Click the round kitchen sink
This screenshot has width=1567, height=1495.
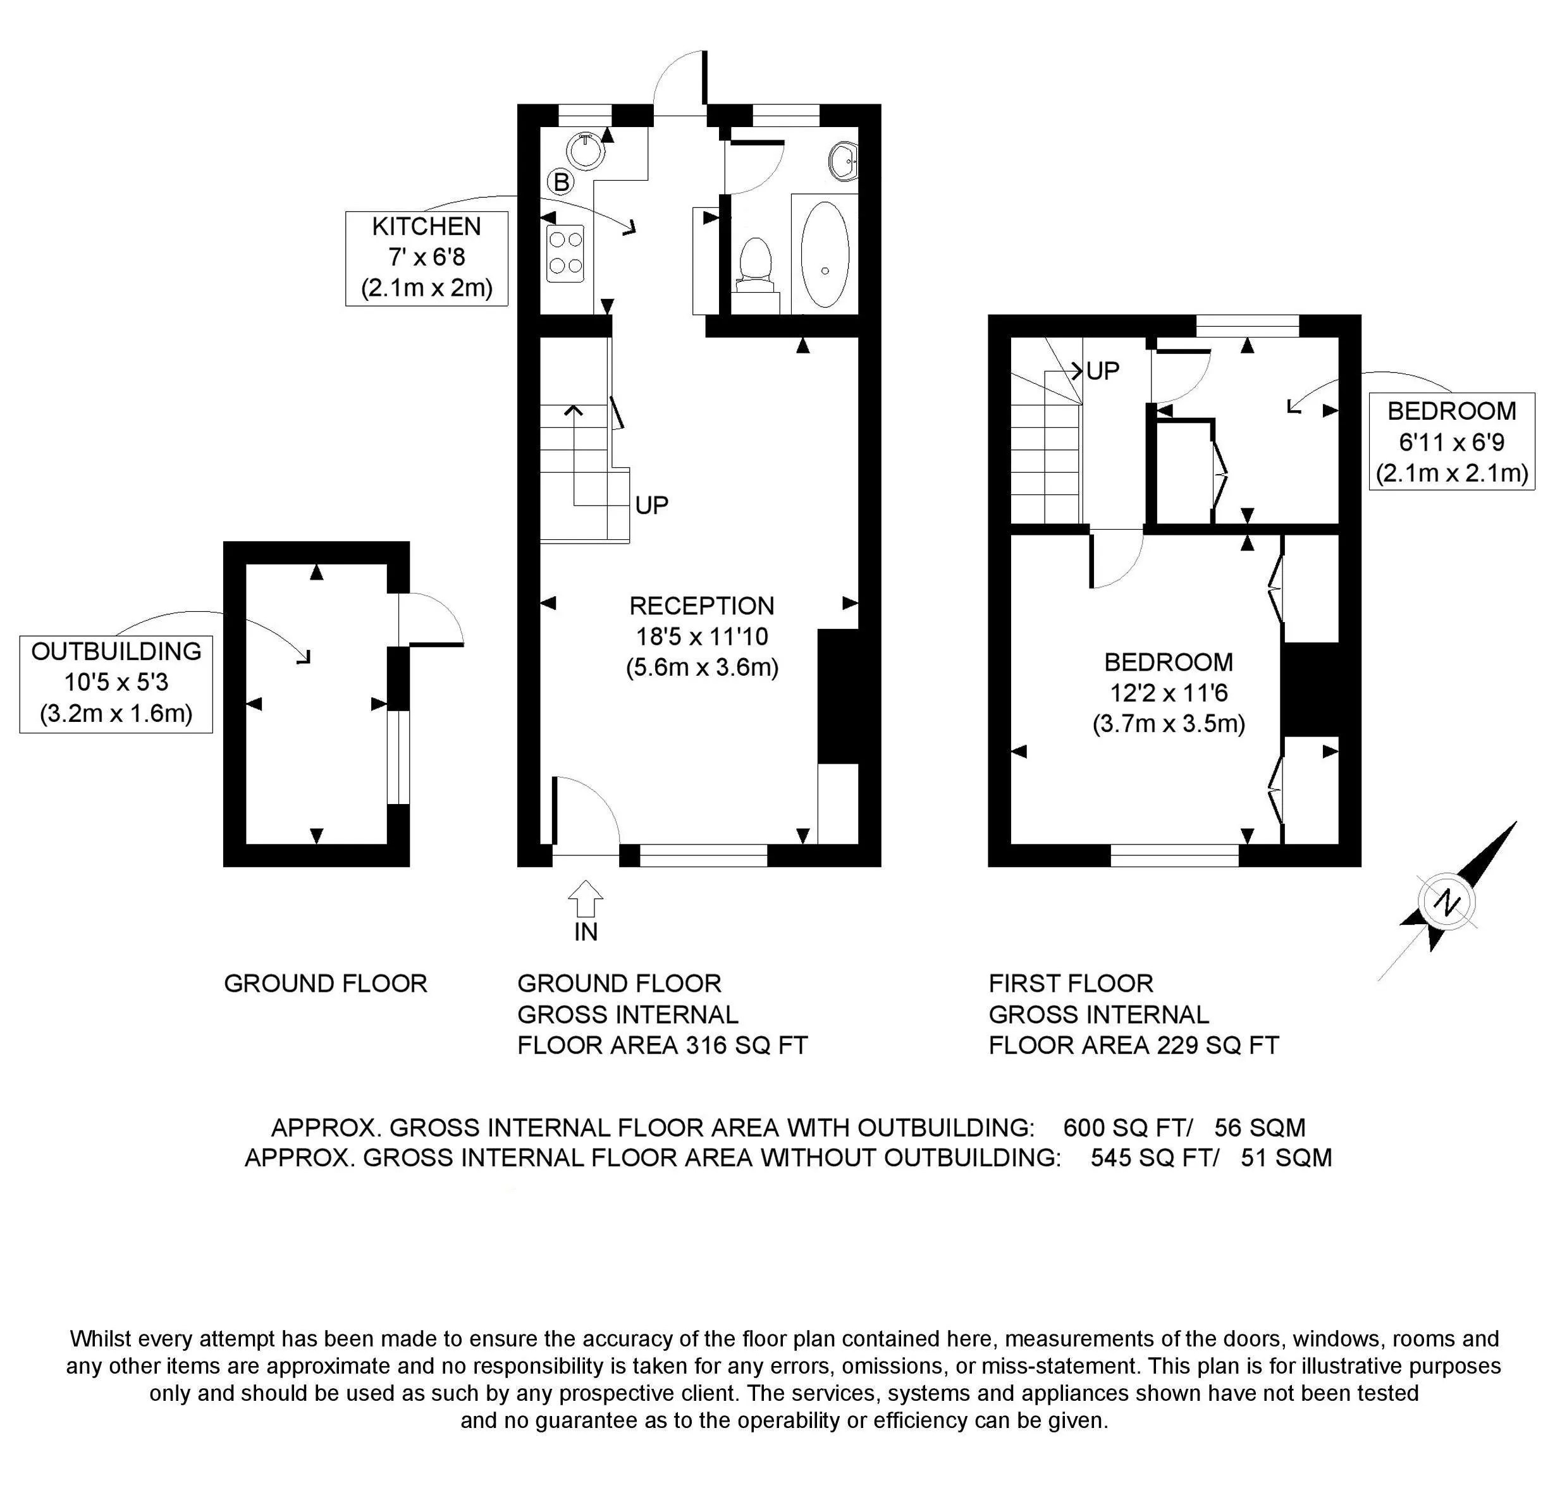tap(587, 152)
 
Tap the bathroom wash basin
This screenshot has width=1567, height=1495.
tap(844, 162)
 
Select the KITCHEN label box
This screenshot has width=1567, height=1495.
tap(426, 257)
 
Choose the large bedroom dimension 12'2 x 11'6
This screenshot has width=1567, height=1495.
tap(1169, 693)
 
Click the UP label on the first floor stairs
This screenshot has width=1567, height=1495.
tap(1103, 370)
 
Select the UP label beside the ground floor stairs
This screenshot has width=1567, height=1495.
tap(652, 504)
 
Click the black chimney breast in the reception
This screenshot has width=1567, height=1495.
tap(838, 696)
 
